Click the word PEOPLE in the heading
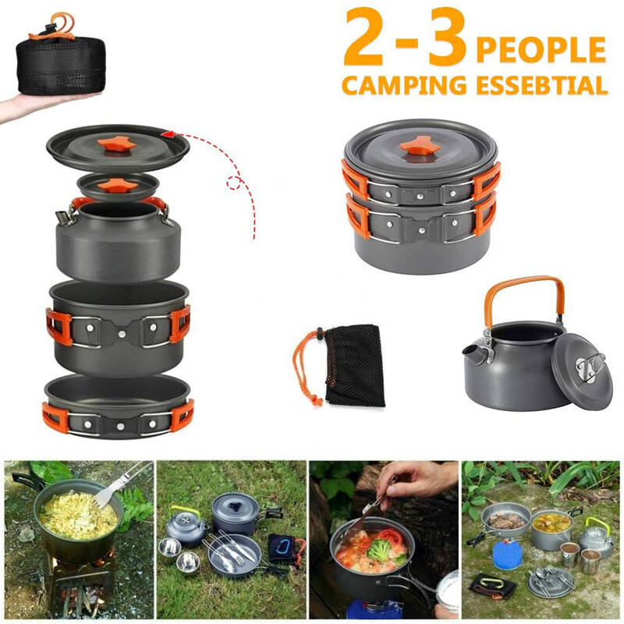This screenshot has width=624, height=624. pos(541,49)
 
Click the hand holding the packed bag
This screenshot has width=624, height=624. pos(31,107)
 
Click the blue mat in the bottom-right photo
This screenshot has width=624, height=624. pos(507,555)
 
